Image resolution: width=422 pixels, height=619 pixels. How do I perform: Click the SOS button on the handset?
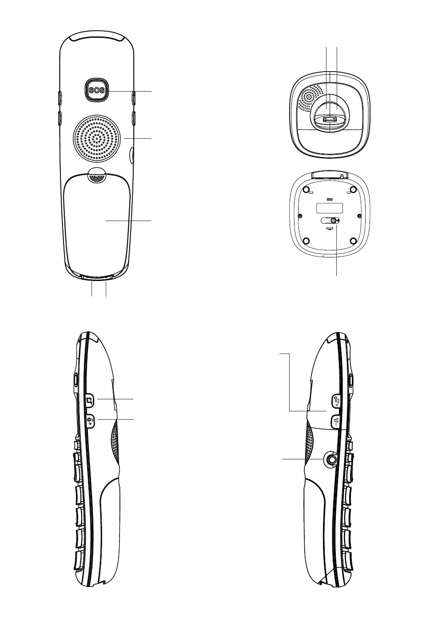pos(96,90)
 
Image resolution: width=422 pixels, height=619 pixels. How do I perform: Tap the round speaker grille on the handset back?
pos(96,138)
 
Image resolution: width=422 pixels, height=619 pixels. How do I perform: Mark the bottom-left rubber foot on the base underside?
pos(306,241)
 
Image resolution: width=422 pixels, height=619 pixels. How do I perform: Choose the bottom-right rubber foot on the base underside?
pos(353,241)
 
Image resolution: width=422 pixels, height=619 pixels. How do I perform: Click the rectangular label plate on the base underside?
pos(330,208)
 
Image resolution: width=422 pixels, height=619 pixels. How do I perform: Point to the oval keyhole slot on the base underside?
pos(330,220)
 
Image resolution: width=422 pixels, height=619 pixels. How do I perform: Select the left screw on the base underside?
pos(300,216)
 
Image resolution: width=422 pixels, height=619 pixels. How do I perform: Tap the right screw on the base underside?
pos(359,216)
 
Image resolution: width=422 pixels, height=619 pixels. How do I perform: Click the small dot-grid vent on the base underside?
pos(330,199)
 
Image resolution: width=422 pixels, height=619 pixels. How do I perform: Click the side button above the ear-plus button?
pos(90,400)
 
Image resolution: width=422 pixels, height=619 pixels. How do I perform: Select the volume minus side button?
pos(336,422)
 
